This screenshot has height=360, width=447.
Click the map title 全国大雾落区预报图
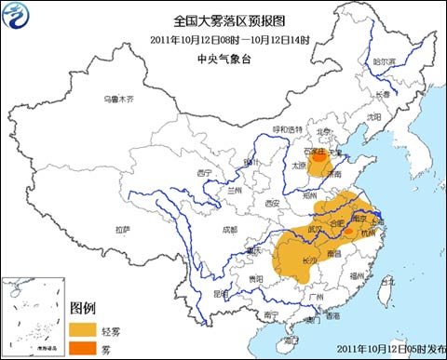[223, 20]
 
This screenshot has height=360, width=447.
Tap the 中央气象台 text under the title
[223, 57]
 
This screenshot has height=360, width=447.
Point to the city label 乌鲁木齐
[118, 99]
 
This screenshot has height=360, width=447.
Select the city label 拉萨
[123, 229]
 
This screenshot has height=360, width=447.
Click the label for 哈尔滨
[384, 61]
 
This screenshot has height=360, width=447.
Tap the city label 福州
[358, 275]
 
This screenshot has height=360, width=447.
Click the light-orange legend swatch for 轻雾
[85, 328]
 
